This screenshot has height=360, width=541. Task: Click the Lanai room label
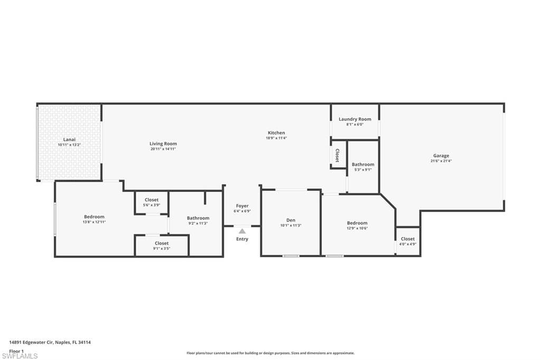70,139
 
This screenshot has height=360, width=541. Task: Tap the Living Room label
163,144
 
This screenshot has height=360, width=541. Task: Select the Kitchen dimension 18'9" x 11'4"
276,138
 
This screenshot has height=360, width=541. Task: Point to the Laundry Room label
355,119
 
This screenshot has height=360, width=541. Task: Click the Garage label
441,156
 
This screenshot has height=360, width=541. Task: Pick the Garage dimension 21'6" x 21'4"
441,161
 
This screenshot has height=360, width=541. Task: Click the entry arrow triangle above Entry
242,231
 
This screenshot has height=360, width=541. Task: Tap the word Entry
242,239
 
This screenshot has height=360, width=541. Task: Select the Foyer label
242,206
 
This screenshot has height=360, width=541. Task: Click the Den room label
291,220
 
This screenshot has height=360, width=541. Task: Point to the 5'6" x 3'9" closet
152,202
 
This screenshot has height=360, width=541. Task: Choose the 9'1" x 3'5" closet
162,245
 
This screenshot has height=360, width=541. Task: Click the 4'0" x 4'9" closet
408,241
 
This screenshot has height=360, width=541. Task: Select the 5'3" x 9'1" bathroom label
363,167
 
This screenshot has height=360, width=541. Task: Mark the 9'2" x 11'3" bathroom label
198,220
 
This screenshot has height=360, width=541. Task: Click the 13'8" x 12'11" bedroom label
94,219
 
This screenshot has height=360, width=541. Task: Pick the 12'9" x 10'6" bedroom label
357,225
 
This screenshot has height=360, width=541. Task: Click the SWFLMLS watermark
20,356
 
